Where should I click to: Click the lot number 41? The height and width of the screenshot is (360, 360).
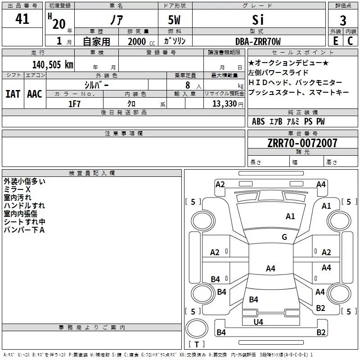[x=22, y=19]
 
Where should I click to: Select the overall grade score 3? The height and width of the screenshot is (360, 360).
[x=343, y=21]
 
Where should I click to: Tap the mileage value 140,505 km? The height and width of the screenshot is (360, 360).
[x=53, y=64]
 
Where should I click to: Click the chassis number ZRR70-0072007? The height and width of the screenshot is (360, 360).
[x=302, y=143]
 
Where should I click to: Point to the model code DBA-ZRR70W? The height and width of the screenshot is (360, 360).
[x=258, y=41]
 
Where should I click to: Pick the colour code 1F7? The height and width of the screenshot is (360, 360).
[x=74, y=104]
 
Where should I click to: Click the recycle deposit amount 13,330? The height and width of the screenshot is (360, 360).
[x=224, y=104]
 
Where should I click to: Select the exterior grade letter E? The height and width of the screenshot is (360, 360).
[x=336, y=41]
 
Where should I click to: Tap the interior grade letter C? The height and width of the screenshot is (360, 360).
[x=350, y=41]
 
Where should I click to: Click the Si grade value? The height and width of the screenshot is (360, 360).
[x=258, y=20]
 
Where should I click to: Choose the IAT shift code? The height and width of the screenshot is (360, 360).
[x=13, y=94]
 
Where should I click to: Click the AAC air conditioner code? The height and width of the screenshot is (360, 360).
[x=35, y=94]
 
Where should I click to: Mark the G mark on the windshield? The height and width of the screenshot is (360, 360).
[x=284, y=237]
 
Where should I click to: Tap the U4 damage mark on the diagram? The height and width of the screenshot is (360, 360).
[x=258, y=322]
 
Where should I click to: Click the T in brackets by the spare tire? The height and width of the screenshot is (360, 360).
[x=197, y=344]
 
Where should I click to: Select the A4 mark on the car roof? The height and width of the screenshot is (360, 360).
[x=270, y=268]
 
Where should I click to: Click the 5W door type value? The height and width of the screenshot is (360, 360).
[x=174, y=20]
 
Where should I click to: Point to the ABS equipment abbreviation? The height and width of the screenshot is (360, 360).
[x=258, y=121]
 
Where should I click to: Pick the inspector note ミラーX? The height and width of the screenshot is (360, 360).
[x=17, y=189]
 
